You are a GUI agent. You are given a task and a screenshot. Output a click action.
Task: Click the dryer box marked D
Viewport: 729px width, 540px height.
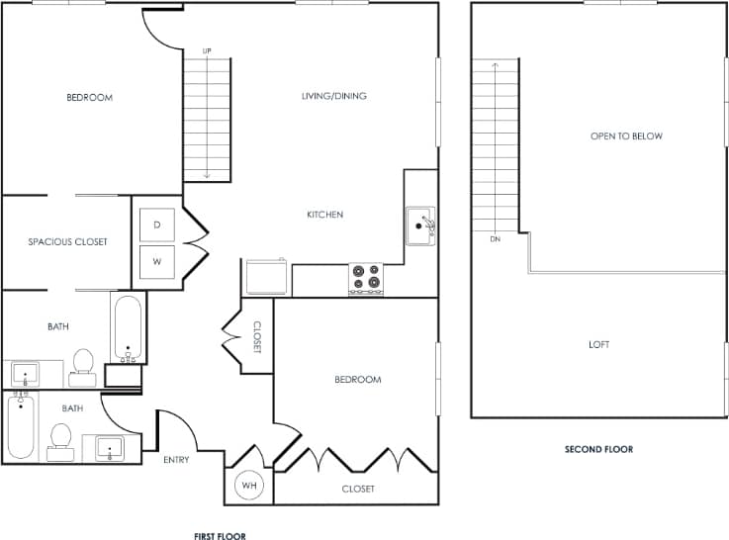pyautogui.click(x=156, y=225)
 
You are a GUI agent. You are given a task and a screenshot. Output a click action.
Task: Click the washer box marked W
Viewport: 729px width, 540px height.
pyautogui.click(x=156, y=262)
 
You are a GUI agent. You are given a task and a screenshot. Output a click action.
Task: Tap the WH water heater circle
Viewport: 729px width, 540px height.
pyautogui.click(x=247, y=486)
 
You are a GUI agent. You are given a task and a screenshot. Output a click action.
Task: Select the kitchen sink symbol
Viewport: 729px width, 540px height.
pyautogui.click(x=420, y=225)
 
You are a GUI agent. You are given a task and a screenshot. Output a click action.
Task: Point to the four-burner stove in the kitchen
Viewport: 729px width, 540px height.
pyautogui.click(x=365, y=279)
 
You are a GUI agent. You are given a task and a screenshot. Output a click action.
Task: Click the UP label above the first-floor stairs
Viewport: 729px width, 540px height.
pyautogui.click(x=207, y=50)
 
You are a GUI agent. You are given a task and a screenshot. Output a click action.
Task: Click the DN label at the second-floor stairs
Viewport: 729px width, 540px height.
pyautogui.click(x=495, y=239)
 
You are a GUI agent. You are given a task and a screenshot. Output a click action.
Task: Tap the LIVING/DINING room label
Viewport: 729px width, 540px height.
pyautogui.click(x=334, y=96)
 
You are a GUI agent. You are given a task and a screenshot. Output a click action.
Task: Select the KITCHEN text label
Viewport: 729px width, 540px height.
pyautogui.click(x=324, y=215)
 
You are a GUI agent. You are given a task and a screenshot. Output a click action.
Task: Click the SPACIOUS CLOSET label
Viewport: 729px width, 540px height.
pyautogui.click(x=67, y=241)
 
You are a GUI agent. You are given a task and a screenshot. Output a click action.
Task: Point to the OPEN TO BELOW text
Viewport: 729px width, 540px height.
pyautogui.click(x=626, y=136)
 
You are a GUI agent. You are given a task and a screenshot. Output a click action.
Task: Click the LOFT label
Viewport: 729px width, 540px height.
pyautogui.click(x=598, y=344)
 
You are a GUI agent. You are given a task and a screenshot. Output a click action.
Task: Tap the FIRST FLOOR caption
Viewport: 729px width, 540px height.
pyautogui.click(x=220, y=535)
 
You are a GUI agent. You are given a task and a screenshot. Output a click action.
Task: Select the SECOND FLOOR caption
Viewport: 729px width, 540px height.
pyautogui.click(x=598, y=449)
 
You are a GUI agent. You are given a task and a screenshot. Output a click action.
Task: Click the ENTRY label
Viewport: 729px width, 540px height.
pyautogui.click(x=175, y=460)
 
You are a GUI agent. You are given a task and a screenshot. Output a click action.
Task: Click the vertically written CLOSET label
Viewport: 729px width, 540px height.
pyautogui.click(x=256, y=337)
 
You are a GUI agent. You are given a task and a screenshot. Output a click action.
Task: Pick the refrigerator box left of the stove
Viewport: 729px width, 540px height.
pyautogui.click(x=266, y=278)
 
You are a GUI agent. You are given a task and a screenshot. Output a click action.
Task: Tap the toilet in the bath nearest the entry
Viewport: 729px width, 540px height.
pyautogui.click(x=61, y=439)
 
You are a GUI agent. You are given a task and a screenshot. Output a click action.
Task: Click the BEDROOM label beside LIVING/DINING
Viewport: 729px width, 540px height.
pyautogui.click(x=89, y=97)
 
